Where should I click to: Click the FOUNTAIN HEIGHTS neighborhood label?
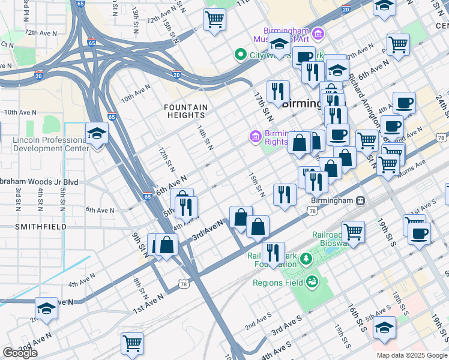(x=186, y=112)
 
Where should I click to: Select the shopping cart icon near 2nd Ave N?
(x=132, y=344)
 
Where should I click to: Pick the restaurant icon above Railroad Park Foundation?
(x=273, y=252)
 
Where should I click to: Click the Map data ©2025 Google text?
(x=412, y=355)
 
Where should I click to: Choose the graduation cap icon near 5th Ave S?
(x=384, y=328)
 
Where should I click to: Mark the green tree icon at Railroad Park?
(x=306, y=258)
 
